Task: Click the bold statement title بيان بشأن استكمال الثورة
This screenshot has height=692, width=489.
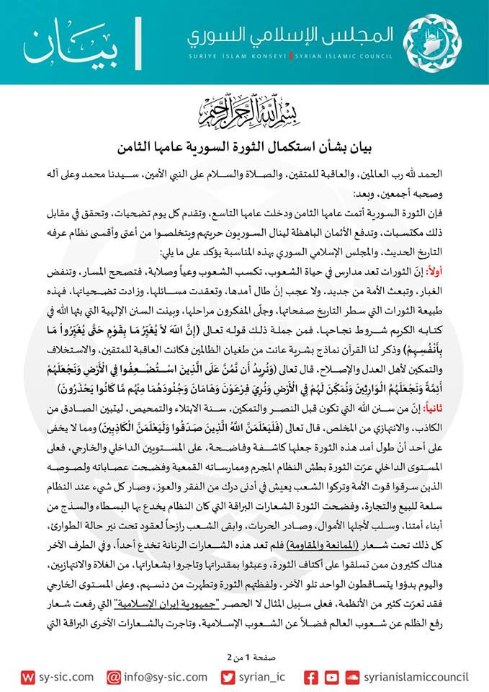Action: pos(245,130)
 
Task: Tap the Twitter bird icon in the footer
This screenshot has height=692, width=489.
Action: pos(228,678)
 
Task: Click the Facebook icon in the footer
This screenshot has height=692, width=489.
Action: pos(310,678)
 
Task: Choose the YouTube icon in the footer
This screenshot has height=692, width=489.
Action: pos(331,678)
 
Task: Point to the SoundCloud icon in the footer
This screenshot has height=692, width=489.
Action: pos(352,678)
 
